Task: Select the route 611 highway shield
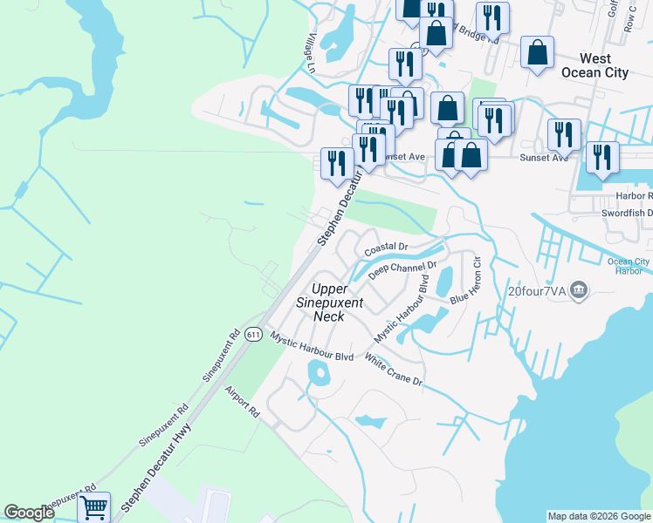(253, 335)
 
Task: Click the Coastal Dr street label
(386, 250)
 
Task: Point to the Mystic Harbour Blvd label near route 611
(312, 346)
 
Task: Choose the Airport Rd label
(243, 401)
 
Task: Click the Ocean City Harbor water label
(629, 267)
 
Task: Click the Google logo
(29, 513)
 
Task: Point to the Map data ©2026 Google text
(599, 516)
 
